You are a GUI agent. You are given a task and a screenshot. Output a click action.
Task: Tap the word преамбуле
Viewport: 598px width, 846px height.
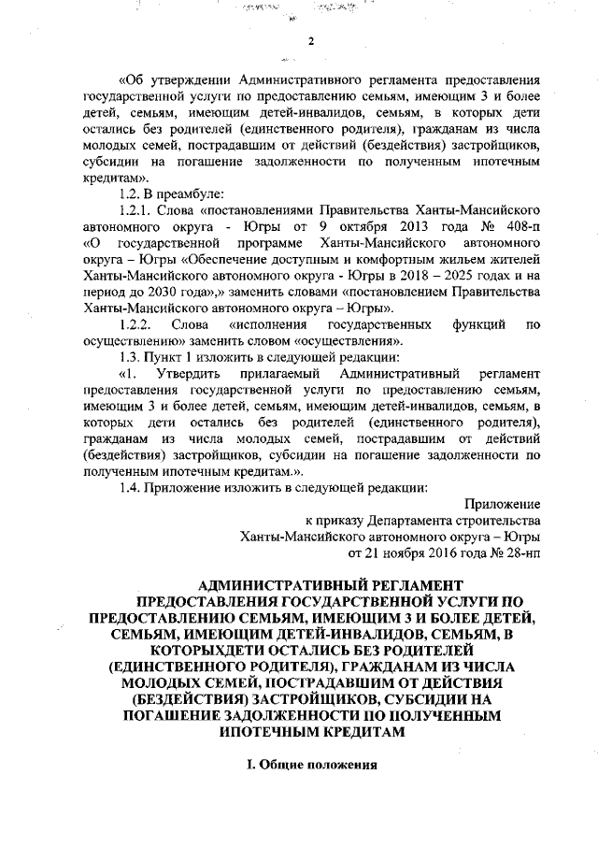click(x=189, y=193)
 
